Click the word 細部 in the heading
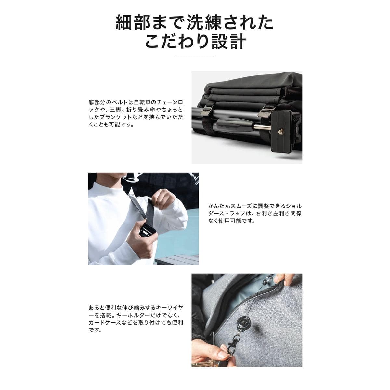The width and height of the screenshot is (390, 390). coord(133,23)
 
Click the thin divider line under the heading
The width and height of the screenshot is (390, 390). coord(195,56)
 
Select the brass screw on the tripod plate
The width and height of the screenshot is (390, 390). coord(281,131)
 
